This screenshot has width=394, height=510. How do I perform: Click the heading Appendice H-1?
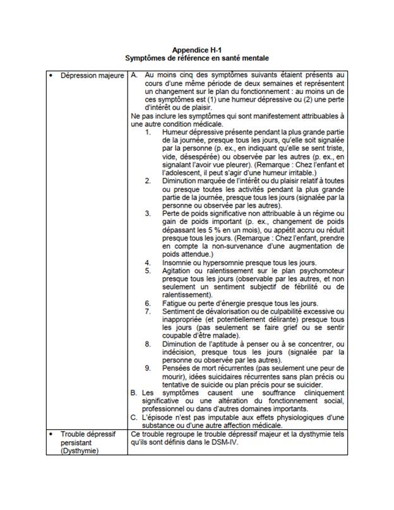click(x=196, y=49)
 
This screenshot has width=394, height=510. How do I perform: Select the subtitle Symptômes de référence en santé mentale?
click(x=196, y=57)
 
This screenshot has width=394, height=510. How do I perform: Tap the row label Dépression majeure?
click(x=92, y=76)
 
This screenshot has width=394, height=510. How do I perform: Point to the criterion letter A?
click(x=134, y=76)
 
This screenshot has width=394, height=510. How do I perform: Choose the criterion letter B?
click(x=134, y=393)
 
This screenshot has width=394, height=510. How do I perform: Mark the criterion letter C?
click(x=134, y=417)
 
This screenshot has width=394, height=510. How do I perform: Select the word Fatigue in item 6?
click(x=176, y=304)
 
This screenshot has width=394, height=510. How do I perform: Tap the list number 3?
click(x=147, y=213)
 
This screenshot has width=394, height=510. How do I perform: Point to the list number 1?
click(x=147, y=133)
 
